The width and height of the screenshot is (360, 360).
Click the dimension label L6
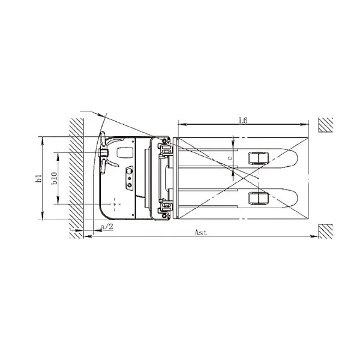click(243, 120)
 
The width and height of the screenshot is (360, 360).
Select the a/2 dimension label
click(106, 227)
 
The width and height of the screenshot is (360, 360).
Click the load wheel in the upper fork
click(257, 158)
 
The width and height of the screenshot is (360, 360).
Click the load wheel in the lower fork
click(257, 197)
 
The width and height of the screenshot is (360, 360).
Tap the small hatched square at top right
click(326, 124)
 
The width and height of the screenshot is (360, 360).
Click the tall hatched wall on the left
click(74, 175)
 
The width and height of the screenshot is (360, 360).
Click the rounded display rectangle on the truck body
click(125, 151)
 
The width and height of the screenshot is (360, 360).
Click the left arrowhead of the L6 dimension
click(179, 124)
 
